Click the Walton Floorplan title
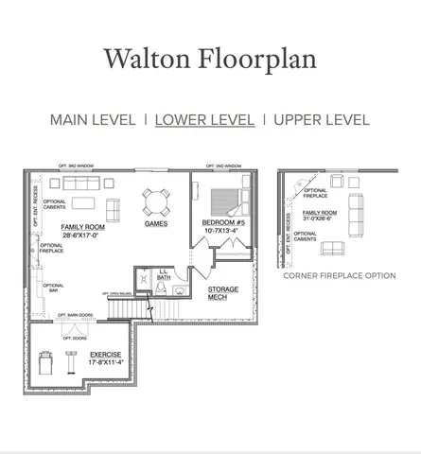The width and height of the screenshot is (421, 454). pos(210,58)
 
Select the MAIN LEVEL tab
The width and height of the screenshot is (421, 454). pos(93,120)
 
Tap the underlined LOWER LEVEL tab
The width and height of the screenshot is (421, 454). pos(205,120)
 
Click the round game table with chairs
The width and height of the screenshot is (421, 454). pos(157,201)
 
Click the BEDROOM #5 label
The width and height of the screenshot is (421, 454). pos(224,223)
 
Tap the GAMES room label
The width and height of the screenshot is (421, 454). pos(156,224)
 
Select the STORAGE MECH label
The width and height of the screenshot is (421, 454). pos(223,292)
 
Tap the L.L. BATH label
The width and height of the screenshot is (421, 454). pos(163,274)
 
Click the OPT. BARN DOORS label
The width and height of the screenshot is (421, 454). pos(76,315)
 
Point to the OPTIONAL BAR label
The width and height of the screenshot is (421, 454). pos(54,288)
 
